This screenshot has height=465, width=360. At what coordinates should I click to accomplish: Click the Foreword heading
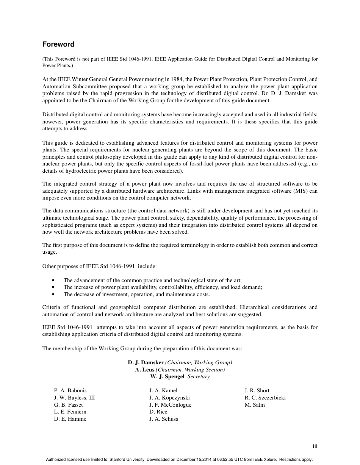[58, 44]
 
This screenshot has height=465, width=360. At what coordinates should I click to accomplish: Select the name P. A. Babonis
[70, 390]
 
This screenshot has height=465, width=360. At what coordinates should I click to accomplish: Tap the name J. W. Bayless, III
[74, 398]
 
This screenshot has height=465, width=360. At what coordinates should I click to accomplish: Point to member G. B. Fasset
[68, 405]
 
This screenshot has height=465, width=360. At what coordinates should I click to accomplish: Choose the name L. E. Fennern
[70, 412]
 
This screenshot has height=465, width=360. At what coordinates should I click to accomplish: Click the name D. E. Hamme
[70, 419]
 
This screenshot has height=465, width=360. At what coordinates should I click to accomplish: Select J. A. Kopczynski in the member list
[169, 398]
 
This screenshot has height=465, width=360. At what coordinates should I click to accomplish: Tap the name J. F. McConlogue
[170, 405]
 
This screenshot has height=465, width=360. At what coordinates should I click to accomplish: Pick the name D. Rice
[158, 412]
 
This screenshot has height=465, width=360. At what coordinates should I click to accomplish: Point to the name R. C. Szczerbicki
[265, 398]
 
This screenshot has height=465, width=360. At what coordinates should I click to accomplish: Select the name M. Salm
[255, 405]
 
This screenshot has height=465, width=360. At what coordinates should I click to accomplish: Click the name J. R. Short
[257, 390]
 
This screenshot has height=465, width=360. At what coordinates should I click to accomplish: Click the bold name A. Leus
[144, 370]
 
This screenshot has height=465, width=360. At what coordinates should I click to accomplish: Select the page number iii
[315, 446]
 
